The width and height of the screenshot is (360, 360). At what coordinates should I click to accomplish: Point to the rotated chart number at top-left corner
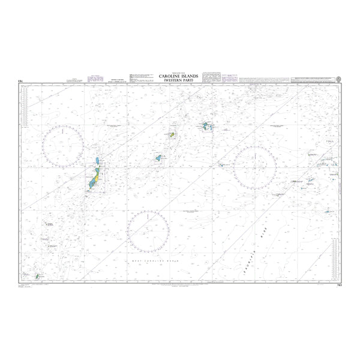[x=21, y=80]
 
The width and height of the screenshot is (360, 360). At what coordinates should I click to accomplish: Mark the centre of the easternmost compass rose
[x=255, y=167]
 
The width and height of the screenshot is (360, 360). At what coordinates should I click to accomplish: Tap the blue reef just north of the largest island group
[x=98, y=161]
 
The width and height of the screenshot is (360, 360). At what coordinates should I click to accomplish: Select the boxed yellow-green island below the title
[x=172, y=135]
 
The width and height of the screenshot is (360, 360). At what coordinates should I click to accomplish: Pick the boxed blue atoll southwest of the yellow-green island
[x=158, y=158]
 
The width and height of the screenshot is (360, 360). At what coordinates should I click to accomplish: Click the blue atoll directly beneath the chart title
[x=208, y=127]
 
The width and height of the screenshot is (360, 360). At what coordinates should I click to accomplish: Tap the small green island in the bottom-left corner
[x=37, y=277]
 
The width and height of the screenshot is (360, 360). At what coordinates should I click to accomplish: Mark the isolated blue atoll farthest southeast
[x=328, y=211]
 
